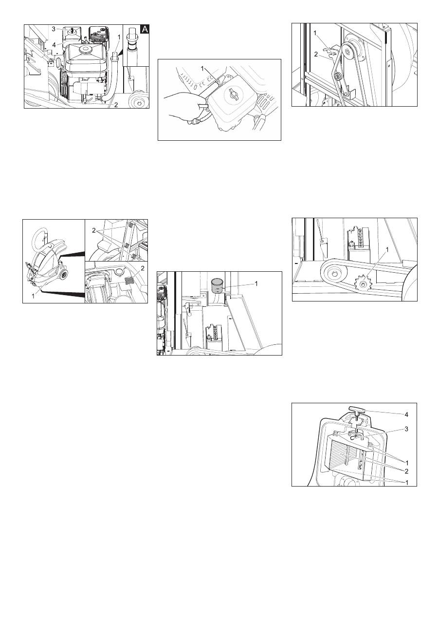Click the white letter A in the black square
click(x=145, y=29)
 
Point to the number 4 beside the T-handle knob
click(x=406, y=415)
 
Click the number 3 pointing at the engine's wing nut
click(x=54, y=29)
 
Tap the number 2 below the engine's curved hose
click(x=116, y=105)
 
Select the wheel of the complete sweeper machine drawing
click(x=64, y=275)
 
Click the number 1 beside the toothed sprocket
click(x=387, y=250)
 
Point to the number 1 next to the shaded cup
click(x=256, y=283)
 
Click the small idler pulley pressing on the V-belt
click(x=337, y=76)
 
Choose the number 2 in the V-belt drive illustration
click(x=316, y=55)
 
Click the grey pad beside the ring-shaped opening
click(x=130, y=281)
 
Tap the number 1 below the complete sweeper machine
click(x=33, y=296)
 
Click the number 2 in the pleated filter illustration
click(x=406, y=471)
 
